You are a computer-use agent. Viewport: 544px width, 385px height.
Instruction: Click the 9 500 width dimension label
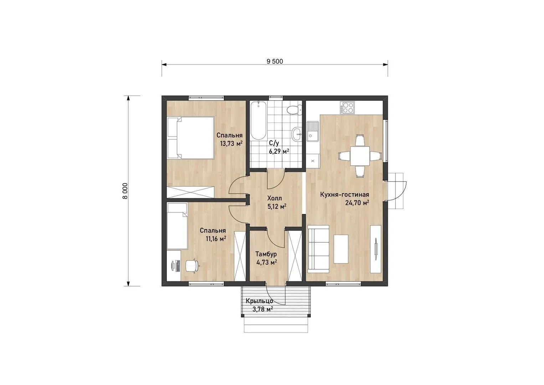[274, 61]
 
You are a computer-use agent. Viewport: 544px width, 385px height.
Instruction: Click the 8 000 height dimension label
[125, 191]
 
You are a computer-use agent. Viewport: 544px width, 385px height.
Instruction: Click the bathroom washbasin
[297, 134]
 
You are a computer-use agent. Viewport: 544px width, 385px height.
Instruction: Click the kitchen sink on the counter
[313, 132]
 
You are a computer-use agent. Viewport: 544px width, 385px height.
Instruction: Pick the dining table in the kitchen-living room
[360, 156]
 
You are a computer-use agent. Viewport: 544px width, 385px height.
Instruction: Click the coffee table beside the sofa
[341, 249]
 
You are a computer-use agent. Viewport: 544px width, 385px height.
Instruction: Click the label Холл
[274, 198]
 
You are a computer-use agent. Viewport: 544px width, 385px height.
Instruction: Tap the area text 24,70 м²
[357, 202]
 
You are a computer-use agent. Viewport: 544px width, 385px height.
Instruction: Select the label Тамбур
[266, 254]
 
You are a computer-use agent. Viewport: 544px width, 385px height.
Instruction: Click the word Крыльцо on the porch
[259, 301]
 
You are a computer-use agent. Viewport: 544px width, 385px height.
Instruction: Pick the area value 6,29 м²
[279, 152]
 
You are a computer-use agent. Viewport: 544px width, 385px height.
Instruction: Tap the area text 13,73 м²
[231, 144]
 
